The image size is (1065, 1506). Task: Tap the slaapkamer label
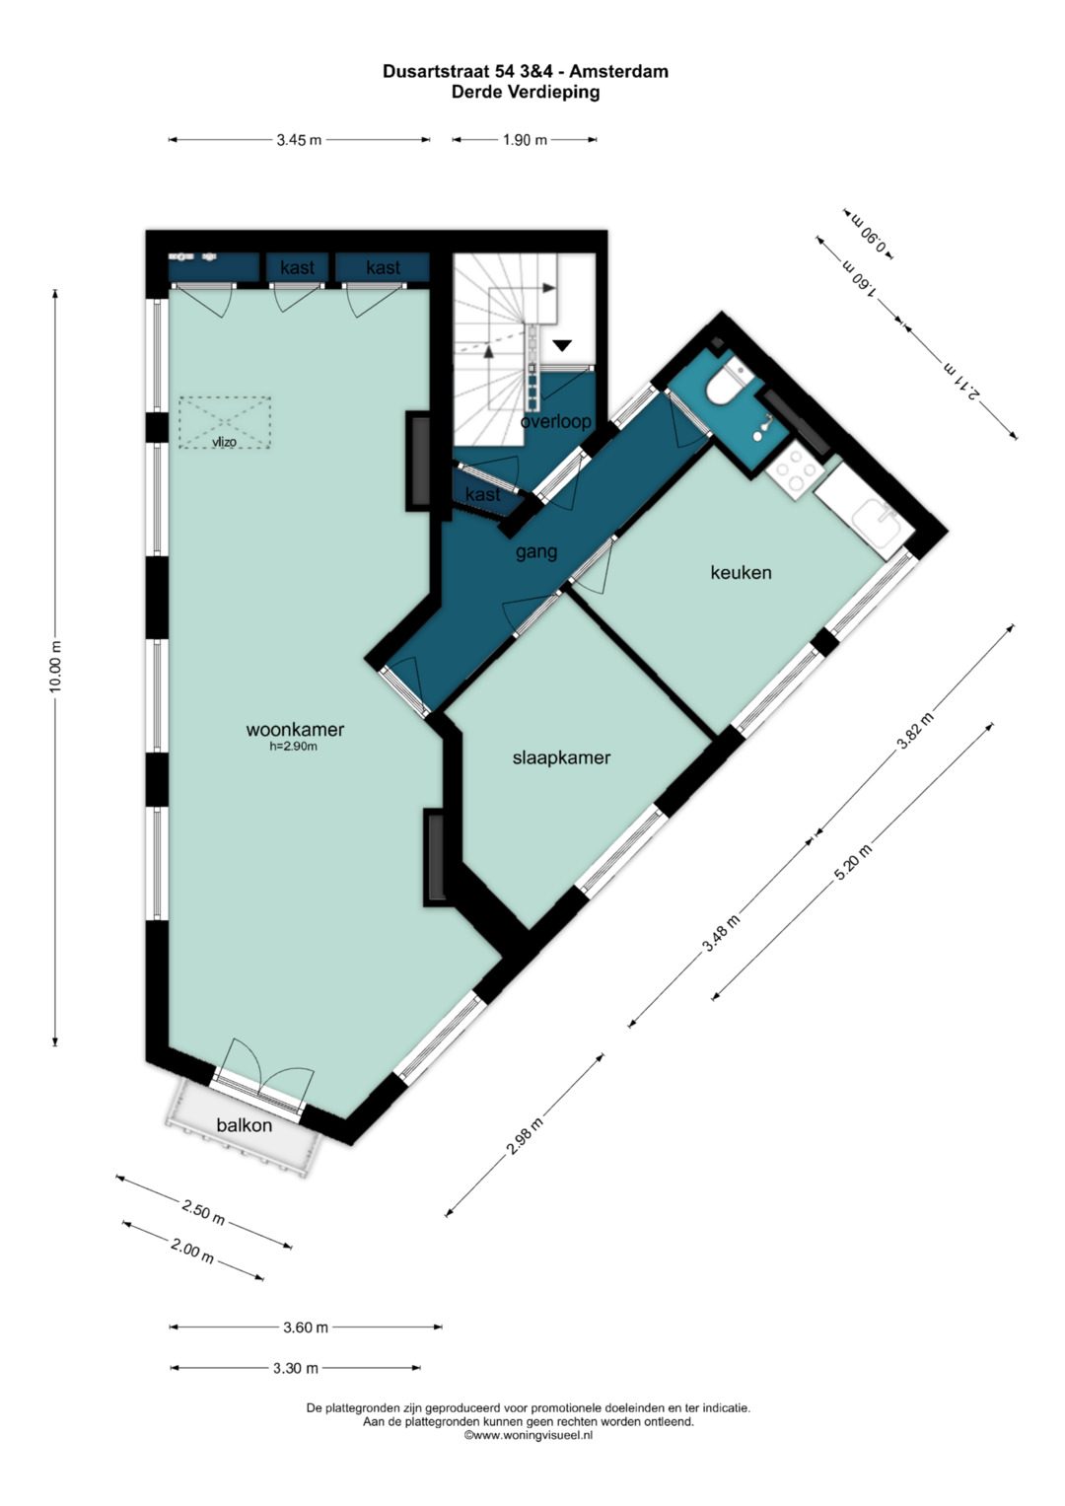tap(561, 757)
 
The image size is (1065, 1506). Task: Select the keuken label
tap(741, 572)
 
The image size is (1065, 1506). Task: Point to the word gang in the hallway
tap(536, 552)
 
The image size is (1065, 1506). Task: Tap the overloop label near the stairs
tap(556, 421)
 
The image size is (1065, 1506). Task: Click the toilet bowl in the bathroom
tap(725, 385)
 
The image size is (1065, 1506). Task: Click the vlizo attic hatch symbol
tap(225, 423)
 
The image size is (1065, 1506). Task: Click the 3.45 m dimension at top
tap(299, 140)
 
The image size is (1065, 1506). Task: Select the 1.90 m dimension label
tap(525, 140)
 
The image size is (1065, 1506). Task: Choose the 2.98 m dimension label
tap(525, 1136)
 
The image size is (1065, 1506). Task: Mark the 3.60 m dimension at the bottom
tap(306, 1327)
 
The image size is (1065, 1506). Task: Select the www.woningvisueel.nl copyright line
tap(529, 1435)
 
